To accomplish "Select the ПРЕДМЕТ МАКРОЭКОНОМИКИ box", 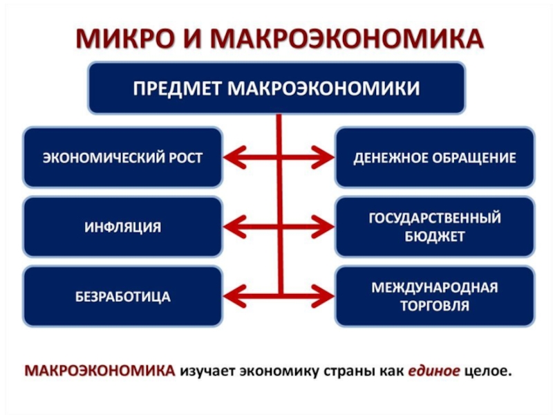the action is [276, 89].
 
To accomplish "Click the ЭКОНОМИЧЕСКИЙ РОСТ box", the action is [123, 158].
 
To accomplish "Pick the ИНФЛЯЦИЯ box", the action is [123, 227].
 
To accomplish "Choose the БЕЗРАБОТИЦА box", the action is [123, 297].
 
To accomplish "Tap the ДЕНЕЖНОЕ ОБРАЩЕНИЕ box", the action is [435, 158].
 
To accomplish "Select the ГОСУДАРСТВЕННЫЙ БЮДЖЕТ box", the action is [435, 227].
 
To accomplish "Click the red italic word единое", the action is [433, 371].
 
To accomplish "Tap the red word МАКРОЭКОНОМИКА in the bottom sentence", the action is [100, 371].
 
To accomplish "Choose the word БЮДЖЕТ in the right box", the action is [435, 236].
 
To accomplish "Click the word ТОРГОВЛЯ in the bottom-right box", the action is [435, 305].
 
